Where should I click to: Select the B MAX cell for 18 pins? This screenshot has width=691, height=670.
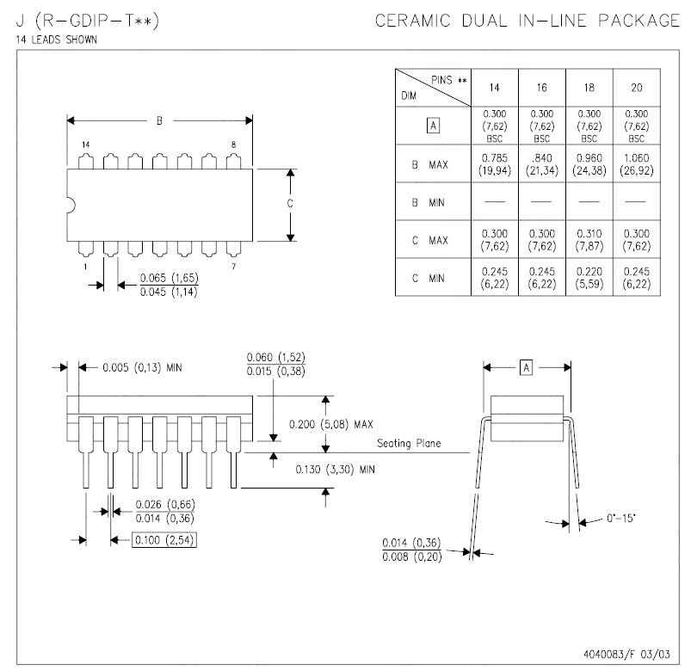pos(589,163)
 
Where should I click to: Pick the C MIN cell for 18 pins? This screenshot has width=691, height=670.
pos(589,278)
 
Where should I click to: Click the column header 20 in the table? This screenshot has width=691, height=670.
pos(636,88)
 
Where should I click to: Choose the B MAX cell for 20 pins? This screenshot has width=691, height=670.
pos(636,163)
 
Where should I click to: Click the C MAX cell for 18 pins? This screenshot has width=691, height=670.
pos(589,239)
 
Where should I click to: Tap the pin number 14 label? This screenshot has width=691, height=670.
pos(85,144)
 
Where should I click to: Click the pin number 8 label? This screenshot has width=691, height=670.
pos(233,144)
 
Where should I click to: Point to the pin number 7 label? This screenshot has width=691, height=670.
pos(233,267)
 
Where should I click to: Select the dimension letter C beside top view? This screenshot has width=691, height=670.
pos(290,204)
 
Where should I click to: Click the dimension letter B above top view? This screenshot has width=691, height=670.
pos(159,120)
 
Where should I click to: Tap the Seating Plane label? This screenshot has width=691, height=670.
pos(409,444)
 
